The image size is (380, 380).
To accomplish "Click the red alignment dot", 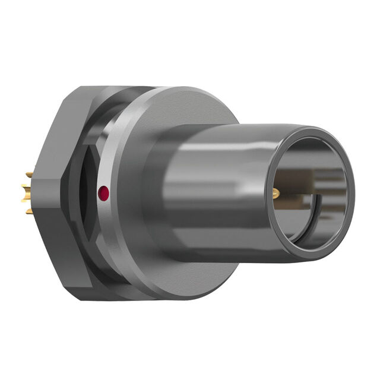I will [103, 192].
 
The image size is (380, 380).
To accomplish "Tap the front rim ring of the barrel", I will [350, 178].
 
